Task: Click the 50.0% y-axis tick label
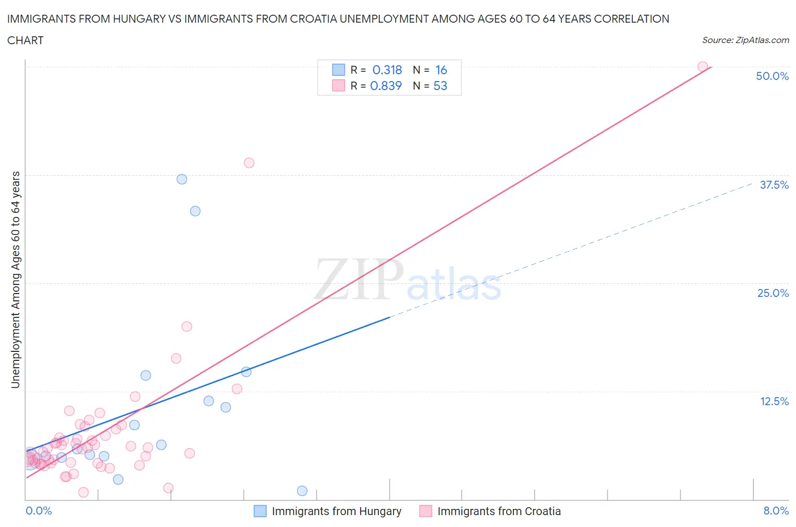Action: point(772,76)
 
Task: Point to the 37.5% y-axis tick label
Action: point(774,185)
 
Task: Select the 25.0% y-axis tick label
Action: point(773,293)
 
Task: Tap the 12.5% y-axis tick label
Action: point(774,401)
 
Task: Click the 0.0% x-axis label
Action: point(38,511)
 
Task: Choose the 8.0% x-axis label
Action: point(776,511)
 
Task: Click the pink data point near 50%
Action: point(703,67)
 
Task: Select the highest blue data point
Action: point(182,179)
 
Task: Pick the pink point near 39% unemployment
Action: point(249,163)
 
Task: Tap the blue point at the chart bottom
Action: point(302,491)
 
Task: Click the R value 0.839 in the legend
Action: point(386,86)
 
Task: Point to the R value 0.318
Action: point(387,70)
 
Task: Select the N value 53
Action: point(440,86)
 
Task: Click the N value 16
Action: point(441,70)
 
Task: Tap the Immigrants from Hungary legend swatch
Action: point(260,511)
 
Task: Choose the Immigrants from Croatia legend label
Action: point(499,511)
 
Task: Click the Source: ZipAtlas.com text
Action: point(745,40)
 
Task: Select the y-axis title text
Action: point(15,279)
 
